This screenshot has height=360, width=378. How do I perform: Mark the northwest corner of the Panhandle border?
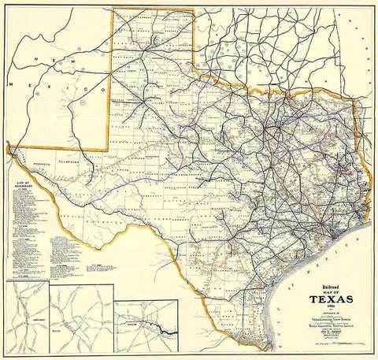(x=113, y=9)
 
